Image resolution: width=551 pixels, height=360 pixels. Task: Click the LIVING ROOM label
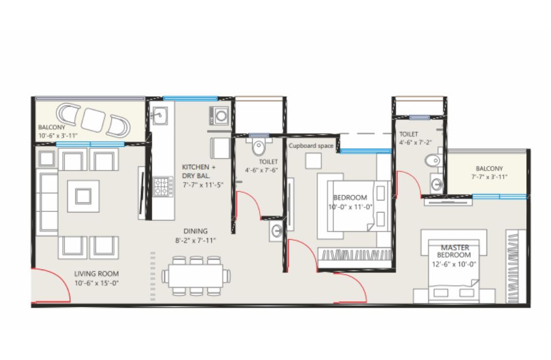[x=96, y=274]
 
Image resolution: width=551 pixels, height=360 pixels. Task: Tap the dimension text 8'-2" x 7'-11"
[x=195, y=240]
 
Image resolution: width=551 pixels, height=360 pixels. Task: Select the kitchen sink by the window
[x=160, y=115]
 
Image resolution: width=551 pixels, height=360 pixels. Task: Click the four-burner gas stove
[x=164, y=186]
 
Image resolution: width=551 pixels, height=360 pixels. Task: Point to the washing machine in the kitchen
[x=219, y=116]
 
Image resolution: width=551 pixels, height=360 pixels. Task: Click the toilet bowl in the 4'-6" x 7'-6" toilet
[x=259, y=147]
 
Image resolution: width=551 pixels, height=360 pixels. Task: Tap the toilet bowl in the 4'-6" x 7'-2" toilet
[x=434, y=161]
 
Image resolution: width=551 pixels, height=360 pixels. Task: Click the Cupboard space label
[x=311, y=146]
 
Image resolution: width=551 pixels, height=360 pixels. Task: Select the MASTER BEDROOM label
[x=454, y=251]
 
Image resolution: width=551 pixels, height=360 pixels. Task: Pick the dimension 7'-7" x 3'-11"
[x=489, y=177]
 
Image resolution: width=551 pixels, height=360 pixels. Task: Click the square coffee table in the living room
[x=83, y=196]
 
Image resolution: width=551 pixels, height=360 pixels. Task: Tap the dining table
[x=196, y=276]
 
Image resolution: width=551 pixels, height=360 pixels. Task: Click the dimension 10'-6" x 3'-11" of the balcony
[x=58, y=135]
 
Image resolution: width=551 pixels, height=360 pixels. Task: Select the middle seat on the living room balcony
[x=93, y=120]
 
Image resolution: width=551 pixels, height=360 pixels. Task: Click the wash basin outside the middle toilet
[x=276, y=231]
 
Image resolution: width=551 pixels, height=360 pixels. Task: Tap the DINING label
[x=195, y=231]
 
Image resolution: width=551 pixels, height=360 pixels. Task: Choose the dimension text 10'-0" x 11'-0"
[x=351, y=207]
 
